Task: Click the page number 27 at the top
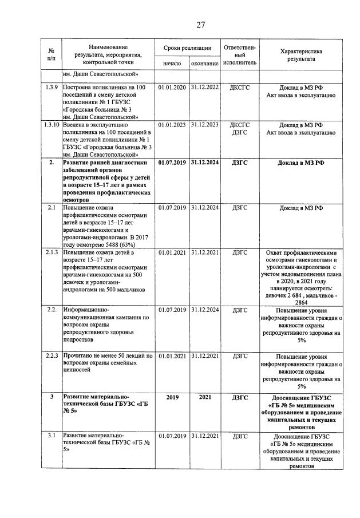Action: click(x=200, y=25)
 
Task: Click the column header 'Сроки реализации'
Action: click(x=187, y=48)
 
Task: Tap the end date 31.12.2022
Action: click(x=204, y=88)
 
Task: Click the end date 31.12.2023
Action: click(x=204, y=124)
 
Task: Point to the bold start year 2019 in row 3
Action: click(x=172, y=396)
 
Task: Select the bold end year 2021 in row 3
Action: click(x=204, y=396)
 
